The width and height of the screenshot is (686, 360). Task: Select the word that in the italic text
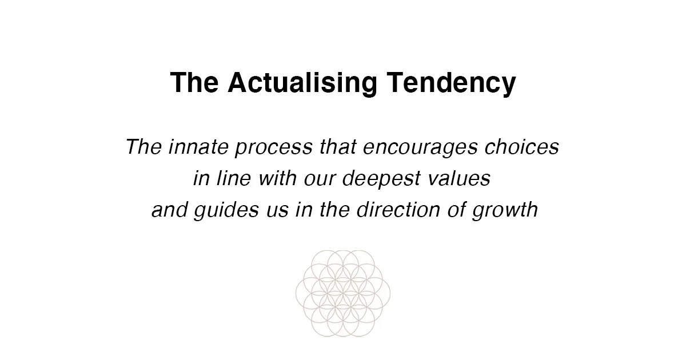coord(330,147)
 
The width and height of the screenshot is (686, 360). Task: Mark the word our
coord(321,179)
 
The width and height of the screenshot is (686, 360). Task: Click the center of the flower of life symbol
coord(343,293)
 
